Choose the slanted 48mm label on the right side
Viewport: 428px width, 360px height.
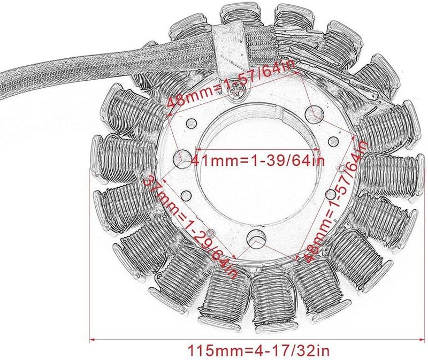tap(333, 206)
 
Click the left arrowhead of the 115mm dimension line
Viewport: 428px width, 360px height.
tap(92, 338)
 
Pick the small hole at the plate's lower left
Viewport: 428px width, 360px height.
tap(187, 195)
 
